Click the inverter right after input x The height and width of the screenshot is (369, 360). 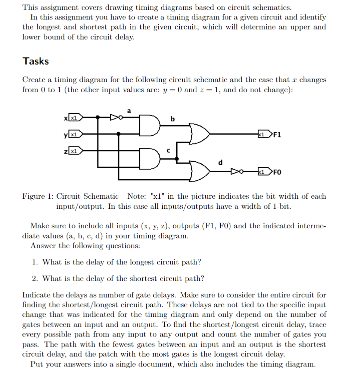click(114, 117)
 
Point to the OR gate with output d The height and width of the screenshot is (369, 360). click(199, 170)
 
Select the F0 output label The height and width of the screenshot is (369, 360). click(278, 172)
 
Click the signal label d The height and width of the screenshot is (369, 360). click(220, 162)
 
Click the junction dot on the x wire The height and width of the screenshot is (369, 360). click(98, 117)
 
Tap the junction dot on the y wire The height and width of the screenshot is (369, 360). click(119, 133)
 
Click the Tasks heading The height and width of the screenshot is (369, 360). click(35, 61)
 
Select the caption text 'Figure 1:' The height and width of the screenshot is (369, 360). click(37, 196)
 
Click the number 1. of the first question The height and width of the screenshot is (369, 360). click(34, 262)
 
